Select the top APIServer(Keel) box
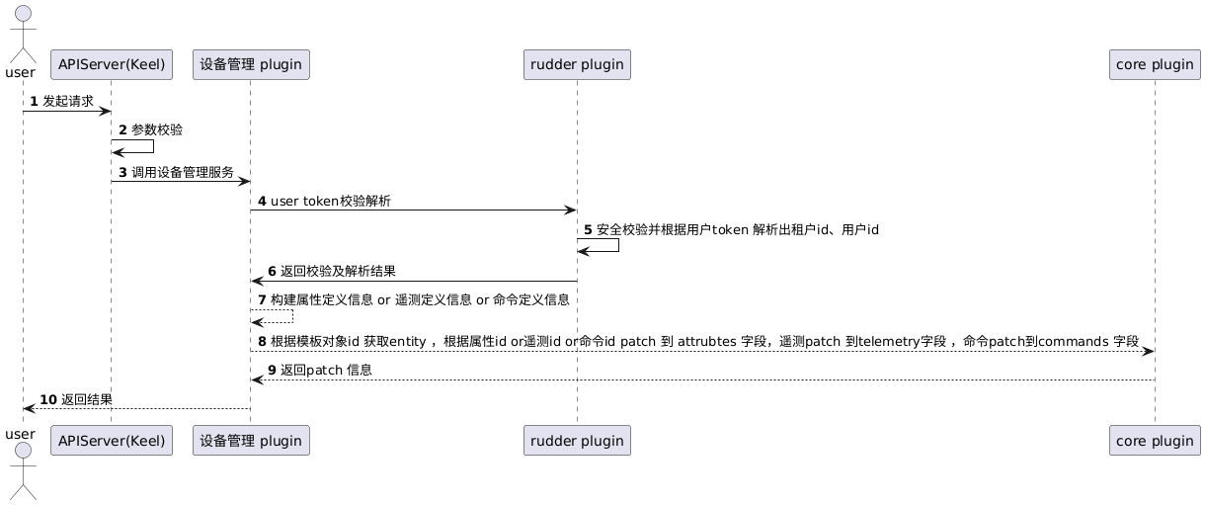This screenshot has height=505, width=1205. click(111, 65)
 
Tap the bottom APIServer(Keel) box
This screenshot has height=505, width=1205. click(111, 440)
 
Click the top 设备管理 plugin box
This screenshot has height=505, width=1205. click(251, 65)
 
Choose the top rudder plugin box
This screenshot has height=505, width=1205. click(577, 65)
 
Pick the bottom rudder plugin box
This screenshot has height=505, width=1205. click(577, 440)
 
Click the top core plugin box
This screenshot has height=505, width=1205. click(1155, 65)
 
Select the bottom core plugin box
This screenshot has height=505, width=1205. click(1155, 440)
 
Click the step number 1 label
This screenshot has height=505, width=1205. click(35, 101)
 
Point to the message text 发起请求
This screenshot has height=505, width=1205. click(68, 101)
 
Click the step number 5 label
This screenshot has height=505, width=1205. click(588, 229)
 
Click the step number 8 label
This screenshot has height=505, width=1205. click(262, 341)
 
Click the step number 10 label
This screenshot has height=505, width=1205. click(48, 399)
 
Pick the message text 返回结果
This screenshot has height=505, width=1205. click(87, 399)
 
